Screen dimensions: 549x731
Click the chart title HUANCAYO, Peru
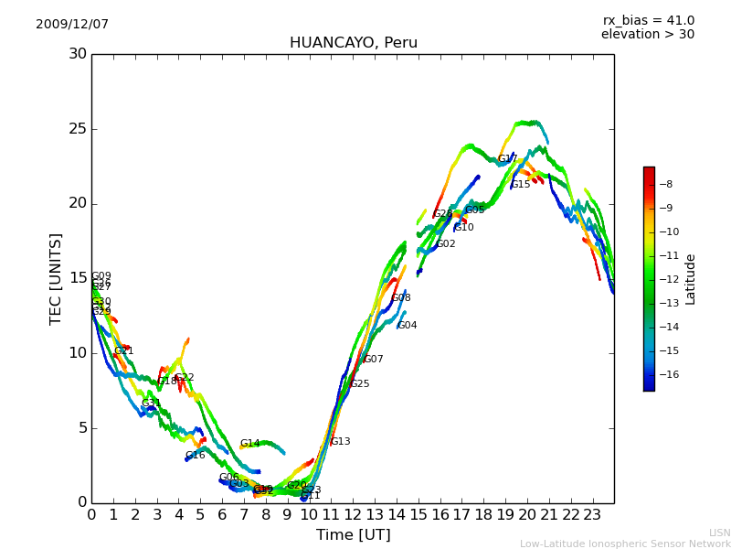click(353, 43)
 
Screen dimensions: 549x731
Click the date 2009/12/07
click(72, 25)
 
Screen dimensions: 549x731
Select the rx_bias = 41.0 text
click(648, 21)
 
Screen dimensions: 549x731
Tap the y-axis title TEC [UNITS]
click(56, 278)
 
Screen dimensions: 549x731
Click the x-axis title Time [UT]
click(353, 535)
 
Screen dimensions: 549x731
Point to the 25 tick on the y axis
click(78, 129)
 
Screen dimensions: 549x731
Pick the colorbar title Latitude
click(691, 279)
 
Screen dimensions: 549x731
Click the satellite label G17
click(508, 159)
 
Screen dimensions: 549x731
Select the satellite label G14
click(250, 444)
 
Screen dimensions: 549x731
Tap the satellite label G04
click(408, 326)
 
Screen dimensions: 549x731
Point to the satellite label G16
click(196, 456)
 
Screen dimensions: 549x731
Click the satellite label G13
click(341, 442)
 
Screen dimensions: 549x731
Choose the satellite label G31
click(151, 404)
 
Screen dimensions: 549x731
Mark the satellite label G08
click(401, 298)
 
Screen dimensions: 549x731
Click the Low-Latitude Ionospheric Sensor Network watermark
click(625, 544)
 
